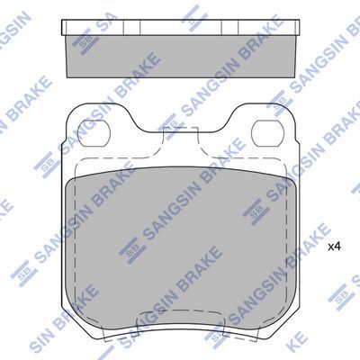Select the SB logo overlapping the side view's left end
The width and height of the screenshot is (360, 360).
(84, 40)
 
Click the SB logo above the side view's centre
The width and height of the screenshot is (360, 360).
(191, 12)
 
